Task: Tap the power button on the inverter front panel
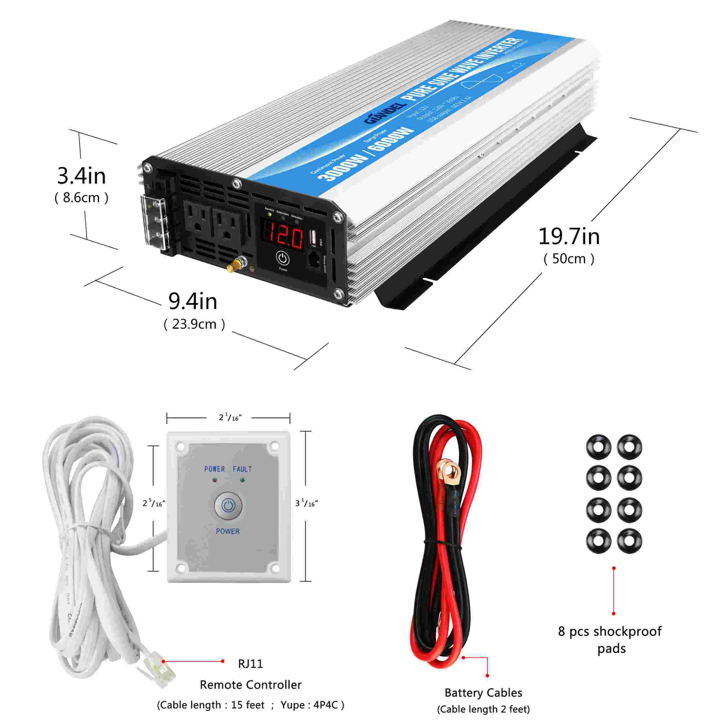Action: click(283, 258)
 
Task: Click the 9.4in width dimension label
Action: click(193, 301)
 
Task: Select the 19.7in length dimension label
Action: click(569, 237)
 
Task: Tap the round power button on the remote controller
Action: click(228, 506)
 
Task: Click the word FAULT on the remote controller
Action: click(242, 469)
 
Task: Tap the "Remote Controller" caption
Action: click(250, 685)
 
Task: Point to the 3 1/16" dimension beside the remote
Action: click(306, 503)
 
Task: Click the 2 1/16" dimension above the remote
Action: click(230, 417)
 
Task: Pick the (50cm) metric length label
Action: click(569, 259)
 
